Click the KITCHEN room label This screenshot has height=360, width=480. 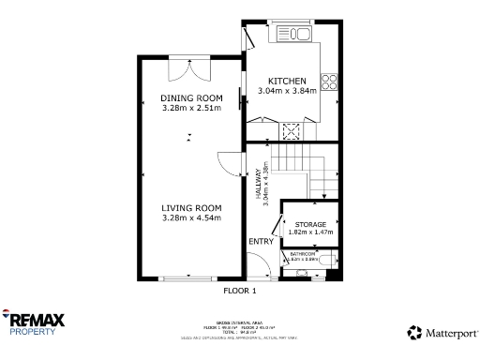tap(286, 81)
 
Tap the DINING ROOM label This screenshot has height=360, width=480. tap(191, 98)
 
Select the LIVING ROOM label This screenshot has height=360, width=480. tap(191, 208)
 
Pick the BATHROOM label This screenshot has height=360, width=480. tap(302, 254)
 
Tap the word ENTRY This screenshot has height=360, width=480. tap(262, 242)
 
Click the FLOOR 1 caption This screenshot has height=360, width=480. tap(239, 291)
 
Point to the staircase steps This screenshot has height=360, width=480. tap(309, 169)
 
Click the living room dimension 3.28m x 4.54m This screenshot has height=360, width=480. tap(191, 218)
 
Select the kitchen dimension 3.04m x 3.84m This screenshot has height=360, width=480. tap(286, 91)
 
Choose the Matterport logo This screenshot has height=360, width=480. tap(442, 332)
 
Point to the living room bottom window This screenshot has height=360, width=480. tap(191, 278)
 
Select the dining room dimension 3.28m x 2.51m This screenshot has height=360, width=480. tap(191, 109)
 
